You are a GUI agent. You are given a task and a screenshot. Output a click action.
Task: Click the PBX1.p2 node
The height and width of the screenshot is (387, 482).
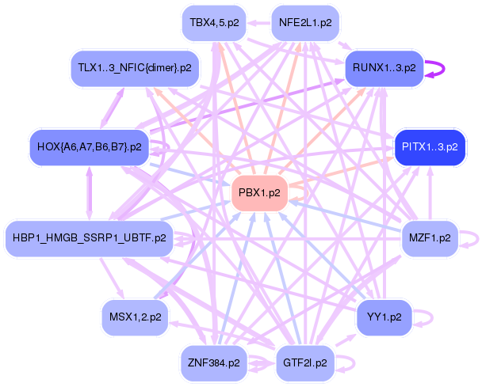coord(259,193)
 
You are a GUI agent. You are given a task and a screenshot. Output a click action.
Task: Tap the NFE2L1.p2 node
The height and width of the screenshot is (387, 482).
coord(305,23)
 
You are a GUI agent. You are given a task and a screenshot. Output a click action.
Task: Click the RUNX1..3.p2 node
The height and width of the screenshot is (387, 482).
coord(384,68)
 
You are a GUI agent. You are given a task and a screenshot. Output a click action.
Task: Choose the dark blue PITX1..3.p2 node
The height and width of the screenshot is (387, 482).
coord(430,147)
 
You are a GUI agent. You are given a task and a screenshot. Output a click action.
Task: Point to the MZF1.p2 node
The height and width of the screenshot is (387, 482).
coord(430,237)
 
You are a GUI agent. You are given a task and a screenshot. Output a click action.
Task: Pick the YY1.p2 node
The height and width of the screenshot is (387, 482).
coord(384,317)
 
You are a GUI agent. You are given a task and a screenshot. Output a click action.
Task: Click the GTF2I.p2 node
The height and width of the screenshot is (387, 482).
coord(305,363)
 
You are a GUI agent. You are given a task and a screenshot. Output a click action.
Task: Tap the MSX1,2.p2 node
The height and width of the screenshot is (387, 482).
coord(135,317)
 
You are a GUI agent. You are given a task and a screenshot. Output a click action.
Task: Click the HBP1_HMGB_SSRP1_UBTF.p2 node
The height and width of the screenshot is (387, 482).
coord(89,237)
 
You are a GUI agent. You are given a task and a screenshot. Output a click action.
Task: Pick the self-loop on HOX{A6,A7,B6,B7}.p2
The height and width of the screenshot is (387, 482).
coord(165,147)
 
